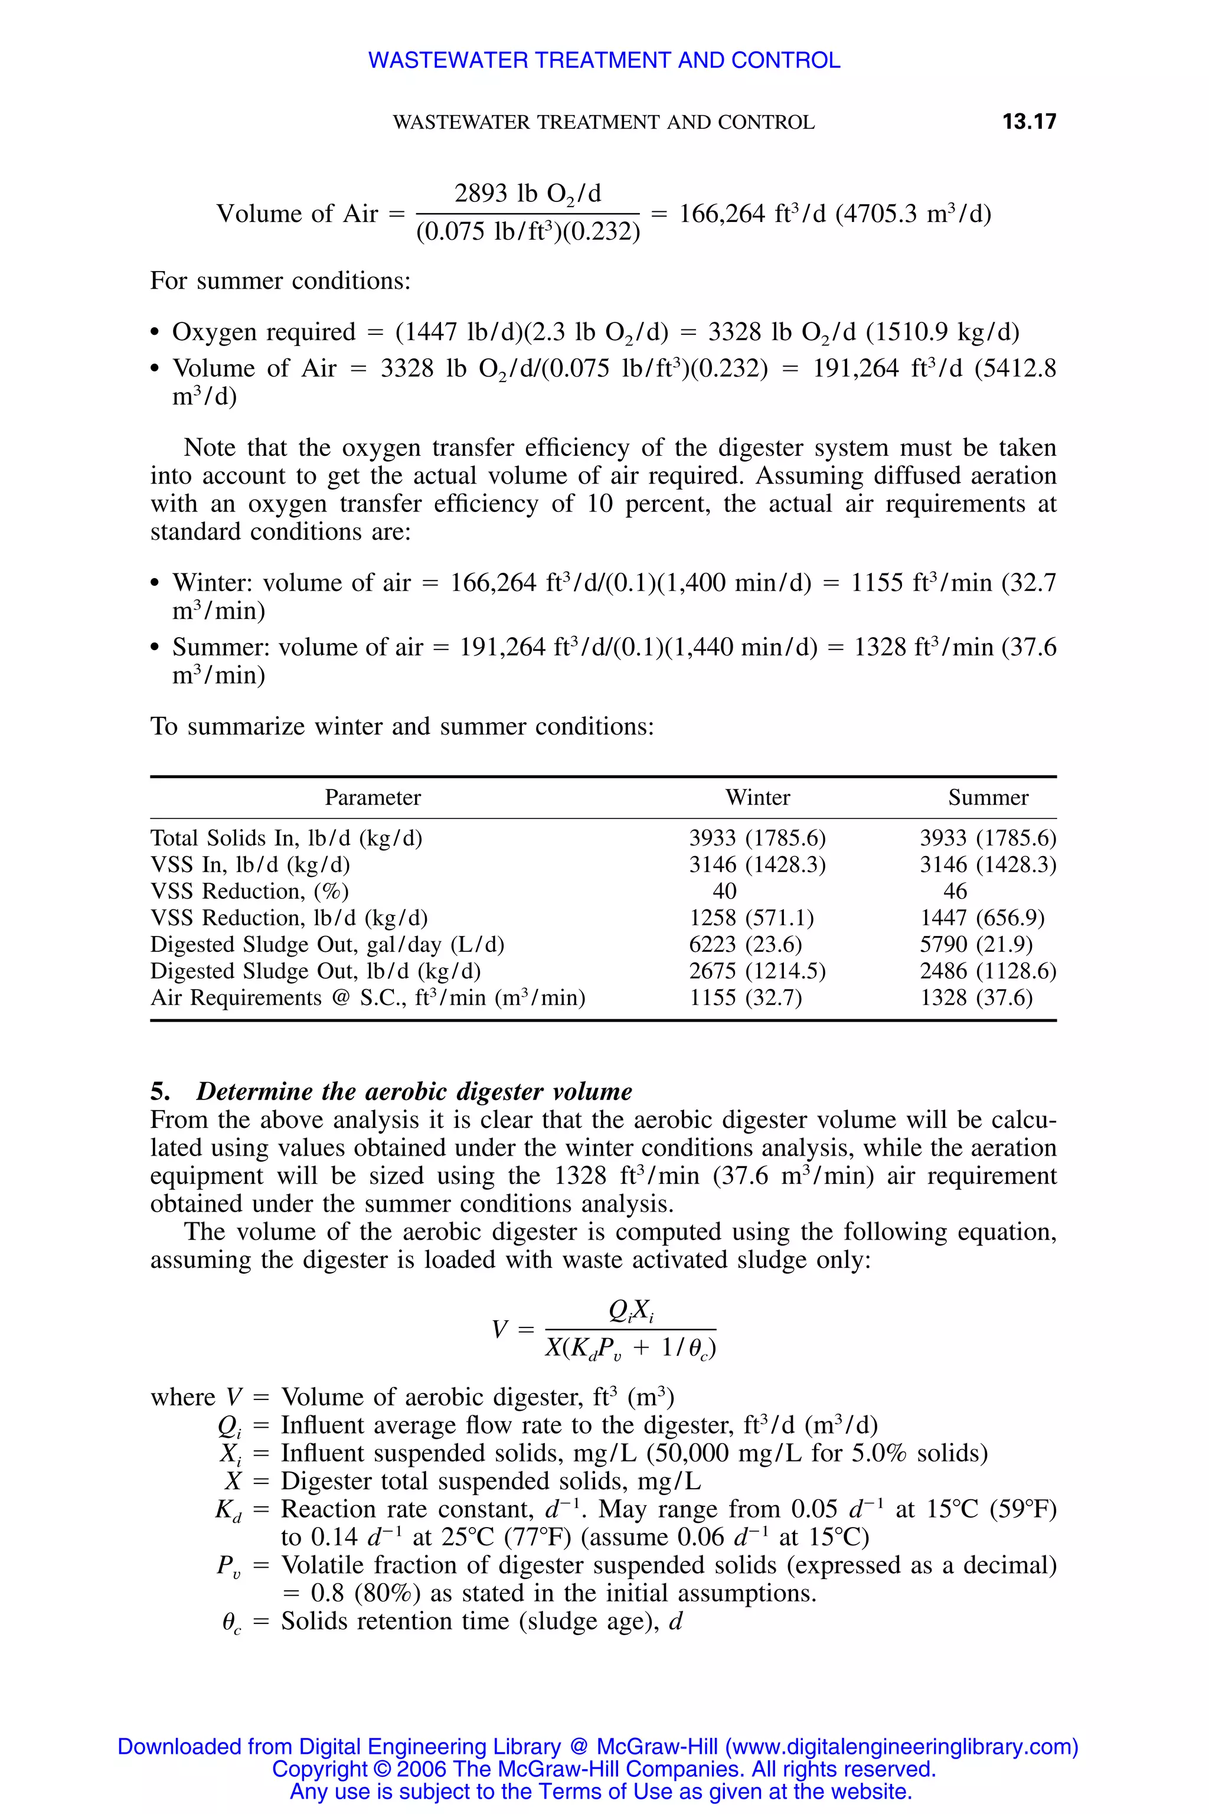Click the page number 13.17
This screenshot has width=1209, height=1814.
point(1028,122)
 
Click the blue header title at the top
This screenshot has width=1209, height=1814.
point(604,60)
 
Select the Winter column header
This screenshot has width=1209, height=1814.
point(757,798)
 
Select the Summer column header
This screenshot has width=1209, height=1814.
point(988,798)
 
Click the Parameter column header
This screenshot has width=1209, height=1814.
point(372,798)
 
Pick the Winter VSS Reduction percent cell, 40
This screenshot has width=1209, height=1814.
point(724,892)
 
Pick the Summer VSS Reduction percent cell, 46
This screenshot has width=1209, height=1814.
point(955,892)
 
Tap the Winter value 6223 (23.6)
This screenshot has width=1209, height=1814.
point(745,945)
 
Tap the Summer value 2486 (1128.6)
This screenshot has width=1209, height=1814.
point(987,971)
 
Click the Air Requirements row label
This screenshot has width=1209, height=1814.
point(367,998)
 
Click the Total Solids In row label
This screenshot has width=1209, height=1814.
point(286,839)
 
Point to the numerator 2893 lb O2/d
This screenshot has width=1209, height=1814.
point(527,194)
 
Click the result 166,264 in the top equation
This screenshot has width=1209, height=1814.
point(722,214)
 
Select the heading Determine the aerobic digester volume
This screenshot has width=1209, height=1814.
point(413,1091)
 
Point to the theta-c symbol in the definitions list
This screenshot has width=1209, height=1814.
point(231,1623)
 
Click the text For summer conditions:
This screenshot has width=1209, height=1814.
point(280,280)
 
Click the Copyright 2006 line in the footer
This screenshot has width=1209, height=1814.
point(604,1769)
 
